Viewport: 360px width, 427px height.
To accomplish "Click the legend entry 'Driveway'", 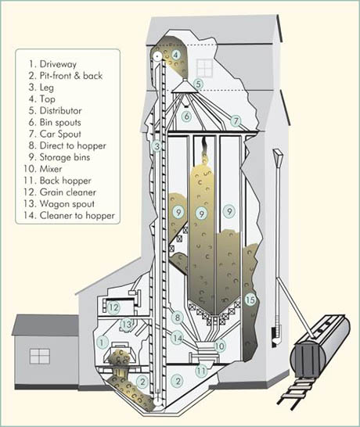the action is pyautogui.click(x=58, y=64).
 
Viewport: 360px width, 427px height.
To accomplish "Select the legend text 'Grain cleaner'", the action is pyautogui.click(x=68, y=192).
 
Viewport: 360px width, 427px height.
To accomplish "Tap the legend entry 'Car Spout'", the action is pyautogui.click(x=60, y=134).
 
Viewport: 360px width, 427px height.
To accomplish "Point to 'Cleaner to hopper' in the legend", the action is pyautogui.click(x=77, y=216).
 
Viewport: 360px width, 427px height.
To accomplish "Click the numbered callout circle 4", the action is pyautogui.click(x=176, y=55).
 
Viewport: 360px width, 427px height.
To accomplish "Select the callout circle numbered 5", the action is pyautogui.click(x=199, y=84).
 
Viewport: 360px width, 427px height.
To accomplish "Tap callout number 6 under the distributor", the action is pyautogui.click(x=187, y=117).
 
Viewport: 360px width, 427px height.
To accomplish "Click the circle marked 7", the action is pyautogui.click(x=236, y=120).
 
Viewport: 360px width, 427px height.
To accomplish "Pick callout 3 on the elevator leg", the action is pyautogui.click(x=157, y=146).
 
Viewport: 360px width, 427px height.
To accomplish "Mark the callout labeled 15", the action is pyautogui.click(x=250, y=300).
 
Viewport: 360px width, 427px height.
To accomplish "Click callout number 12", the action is pyautogui.click(x=113, y=307).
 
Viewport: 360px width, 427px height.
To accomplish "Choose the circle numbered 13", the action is pyautogui.click(x=127, y=325).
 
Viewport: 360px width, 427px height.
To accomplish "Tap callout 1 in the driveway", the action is pyautogui.click(x=103, y=342).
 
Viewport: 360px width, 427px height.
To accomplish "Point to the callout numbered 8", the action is pyautogui.click(x=178, y=318).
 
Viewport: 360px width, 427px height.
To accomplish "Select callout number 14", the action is pyautogui.click(x=178, y=338).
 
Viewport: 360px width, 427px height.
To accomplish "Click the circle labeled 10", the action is pyautogui.click(x=220, y=346).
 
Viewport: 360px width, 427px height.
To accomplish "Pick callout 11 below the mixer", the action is pyautogui.click(x=201, y=371).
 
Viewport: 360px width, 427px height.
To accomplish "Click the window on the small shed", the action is pyautogui.click(x=40, y=357).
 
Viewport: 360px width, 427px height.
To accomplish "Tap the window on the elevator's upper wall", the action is pyautogui.click(x=204, y=68).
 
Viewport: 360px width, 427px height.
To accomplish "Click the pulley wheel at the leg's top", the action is pyautogui.click(x=157, y=56).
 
